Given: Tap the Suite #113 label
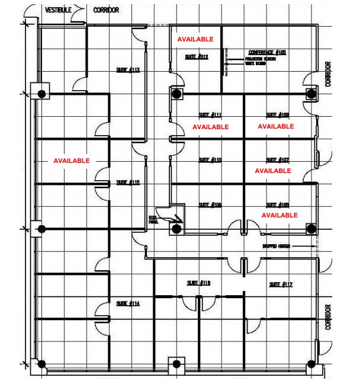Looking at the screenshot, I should pyautogui.click(x=127, y=70).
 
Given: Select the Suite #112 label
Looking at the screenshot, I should pyautogui.click(x=196, y=57).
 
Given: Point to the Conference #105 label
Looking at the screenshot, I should pyautogui.click(x=267, y=53).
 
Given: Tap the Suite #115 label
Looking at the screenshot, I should pyautogui.click(x=127, y=183).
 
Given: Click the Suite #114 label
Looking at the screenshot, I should pyautogui.click(x=127, y=303).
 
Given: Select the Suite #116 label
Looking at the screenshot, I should pyautogui.click(x=198, y=283).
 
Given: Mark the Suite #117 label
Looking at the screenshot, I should pyautogui.click(x=281, y=284).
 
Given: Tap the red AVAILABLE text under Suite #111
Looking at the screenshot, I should pyautogui.click(x=210, y=127).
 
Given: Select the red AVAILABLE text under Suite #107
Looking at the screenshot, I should pyautogui.click(x=273, y=171).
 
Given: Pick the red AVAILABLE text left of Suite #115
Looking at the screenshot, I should pyautogui.click(x=72, y=161).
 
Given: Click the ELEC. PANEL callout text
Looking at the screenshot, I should pyautogui.click(x=153, y=221).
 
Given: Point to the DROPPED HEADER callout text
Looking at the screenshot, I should pyautogui.click(x=274, y=245).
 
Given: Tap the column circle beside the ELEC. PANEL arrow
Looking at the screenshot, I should pyautogui.click(x=176, y=229).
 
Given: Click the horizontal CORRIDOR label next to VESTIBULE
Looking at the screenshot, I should pyautogui.click(x=106, y=10).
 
